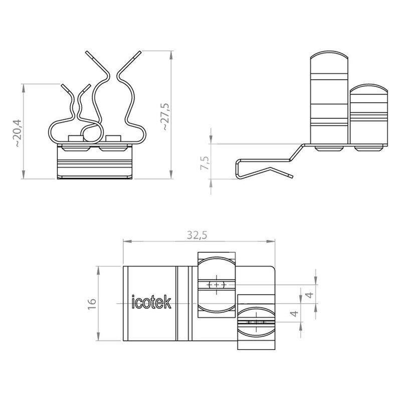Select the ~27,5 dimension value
tap(165, 117)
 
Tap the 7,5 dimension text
tap(205, 162)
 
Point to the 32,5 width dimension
tap(197, 235)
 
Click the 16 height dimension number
tap(92, 304)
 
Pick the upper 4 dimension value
tap(309, 295)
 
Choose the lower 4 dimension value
tap(295, 313)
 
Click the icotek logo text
tap(151, 302)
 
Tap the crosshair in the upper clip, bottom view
tap(217, 284)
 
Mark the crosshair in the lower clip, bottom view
tap(256, 322)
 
